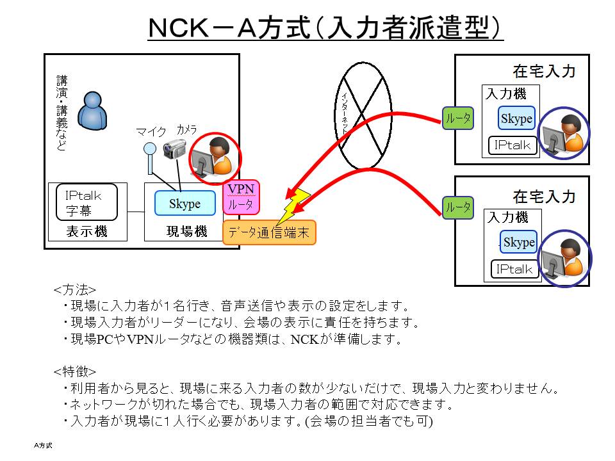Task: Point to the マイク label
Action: [151, 131]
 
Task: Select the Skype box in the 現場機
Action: [184, 204]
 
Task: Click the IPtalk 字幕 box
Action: [86, 202]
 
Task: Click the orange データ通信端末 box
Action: [269, 233]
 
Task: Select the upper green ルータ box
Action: [458, 118]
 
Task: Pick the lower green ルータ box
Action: [458, 207]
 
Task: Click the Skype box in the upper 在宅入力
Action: [516, 118]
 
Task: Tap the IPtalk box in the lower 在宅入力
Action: [514, 269]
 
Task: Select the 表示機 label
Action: [87, 232]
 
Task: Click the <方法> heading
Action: [75, 289]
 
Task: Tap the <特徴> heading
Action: [75, 371]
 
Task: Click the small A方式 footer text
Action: [44, 444]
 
